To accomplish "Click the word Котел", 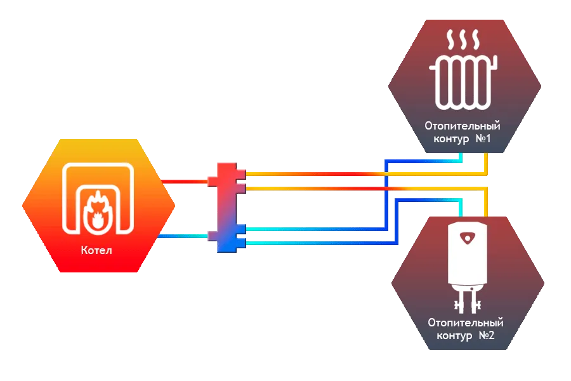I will pos(96,251).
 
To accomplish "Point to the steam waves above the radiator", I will pos(464,42).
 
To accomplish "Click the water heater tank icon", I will pos(467,254).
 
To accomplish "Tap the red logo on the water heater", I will pos(467,238).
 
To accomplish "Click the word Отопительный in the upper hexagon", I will pos(463,126).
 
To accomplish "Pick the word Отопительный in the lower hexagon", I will pos(466,323).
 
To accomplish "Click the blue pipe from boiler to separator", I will pos(184,236).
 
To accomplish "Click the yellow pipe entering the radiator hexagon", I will pos(485,164).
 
